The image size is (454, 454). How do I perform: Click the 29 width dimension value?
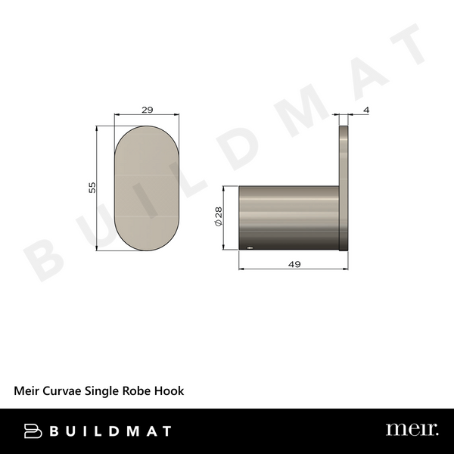tap(148, 110)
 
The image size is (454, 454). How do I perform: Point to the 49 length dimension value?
tap(294, 264)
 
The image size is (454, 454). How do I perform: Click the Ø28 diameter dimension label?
tap(217, 218)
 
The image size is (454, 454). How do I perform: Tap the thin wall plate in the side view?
tap(344, 189)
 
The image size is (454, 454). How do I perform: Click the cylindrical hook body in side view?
tap(288, 218)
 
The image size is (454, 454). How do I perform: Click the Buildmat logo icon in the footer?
tap(33, 431)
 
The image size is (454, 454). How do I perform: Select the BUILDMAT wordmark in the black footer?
tap(110, 431)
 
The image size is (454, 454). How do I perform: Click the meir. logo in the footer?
tap(412, 430)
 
